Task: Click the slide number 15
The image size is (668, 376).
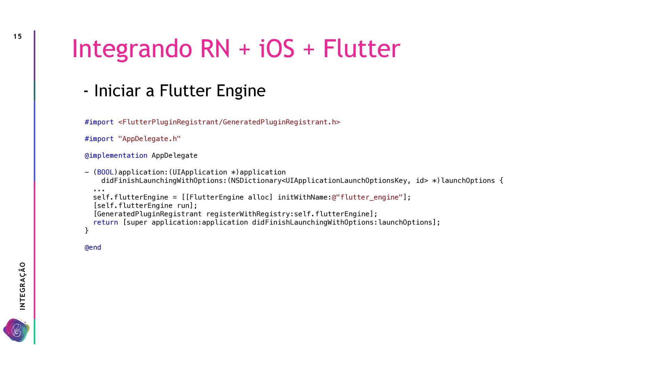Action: [x=17, y=37]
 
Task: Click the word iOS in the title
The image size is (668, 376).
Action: [x=277, y=49]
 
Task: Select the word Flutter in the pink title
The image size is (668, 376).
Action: [x=361, y=49]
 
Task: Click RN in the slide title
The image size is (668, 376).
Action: [x=215, y=49]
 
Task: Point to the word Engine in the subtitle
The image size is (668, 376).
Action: [x=241, y=91]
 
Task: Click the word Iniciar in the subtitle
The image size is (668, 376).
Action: [x=117, y=91]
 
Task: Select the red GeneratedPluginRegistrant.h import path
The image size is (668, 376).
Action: [x=229, y=122]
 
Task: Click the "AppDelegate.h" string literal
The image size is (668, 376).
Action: [x=149, y=139]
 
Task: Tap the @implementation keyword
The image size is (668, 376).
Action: [x=116, y=156]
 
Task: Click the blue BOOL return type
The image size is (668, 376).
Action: [x=105, y=172]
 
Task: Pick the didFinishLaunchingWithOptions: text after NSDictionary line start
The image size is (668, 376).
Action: [x=164, y=181]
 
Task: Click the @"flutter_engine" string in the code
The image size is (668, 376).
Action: [x=367, y=197]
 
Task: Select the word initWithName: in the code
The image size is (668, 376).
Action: [x=304, y=197]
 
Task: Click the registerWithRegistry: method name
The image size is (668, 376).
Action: [x=250, y=214]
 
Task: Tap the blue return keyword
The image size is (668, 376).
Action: [x=105, y=222]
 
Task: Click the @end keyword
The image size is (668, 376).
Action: [x=93, y=248]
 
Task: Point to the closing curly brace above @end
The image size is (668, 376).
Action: [x=87, y=230]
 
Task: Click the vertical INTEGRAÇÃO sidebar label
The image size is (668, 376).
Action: [x=23, y=286]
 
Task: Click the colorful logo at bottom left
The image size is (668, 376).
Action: [x=16, y=330]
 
